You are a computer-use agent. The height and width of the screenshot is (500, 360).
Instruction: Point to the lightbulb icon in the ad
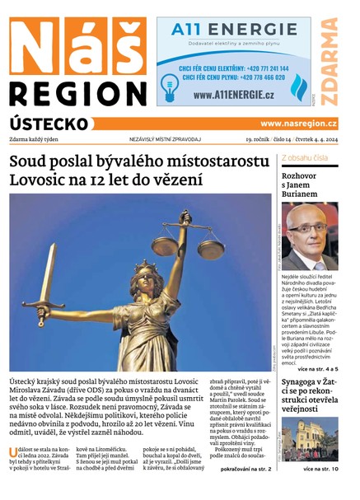(x=171, y=85)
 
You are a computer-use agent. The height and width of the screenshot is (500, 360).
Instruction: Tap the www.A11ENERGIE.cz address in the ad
(x=234, y=95)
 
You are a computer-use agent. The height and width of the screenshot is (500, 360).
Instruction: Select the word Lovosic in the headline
(x=45, y=179)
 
